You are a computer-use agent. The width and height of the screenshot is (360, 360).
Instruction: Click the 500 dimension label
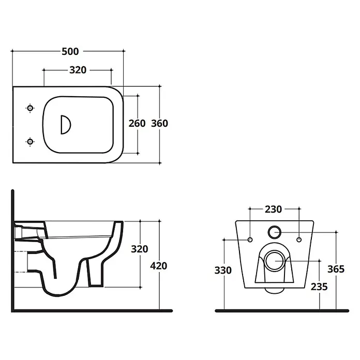tap(70, 51)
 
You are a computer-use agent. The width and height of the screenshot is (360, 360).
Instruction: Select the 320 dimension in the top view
tap(78, 70)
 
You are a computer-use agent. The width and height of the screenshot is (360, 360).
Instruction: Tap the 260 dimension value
tap(137, 124)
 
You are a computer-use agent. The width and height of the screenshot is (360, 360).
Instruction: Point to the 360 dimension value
tap(159, 124)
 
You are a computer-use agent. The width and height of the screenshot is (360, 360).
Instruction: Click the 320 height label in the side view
tap(139, 249)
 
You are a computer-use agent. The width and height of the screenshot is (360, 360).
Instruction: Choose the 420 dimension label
tap(159, 266)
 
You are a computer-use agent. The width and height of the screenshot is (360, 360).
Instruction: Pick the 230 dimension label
tap(273, 209)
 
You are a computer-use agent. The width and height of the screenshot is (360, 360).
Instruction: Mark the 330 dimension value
tap(223, 270)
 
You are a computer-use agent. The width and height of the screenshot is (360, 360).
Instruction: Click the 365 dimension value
tap(336, 269)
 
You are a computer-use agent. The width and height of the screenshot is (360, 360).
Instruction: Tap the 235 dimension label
tap(319, 287)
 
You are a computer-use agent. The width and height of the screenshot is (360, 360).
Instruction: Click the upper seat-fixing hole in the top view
tap(30, 108)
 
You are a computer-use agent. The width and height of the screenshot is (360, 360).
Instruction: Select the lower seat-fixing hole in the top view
tap(30, 142)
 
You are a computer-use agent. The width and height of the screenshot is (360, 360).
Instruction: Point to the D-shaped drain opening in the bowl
tap(66, 125)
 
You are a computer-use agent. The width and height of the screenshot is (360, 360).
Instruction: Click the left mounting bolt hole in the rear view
tap(250, 239)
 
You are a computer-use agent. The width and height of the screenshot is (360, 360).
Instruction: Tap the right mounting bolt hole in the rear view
tap(299, 239)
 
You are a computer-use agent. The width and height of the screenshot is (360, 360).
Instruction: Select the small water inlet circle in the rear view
tap(274, 226)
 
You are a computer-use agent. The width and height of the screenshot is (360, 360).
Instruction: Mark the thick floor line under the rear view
tap(282, 311)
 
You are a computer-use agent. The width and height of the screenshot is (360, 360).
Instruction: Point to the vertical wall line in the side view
tap(12, 250)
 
